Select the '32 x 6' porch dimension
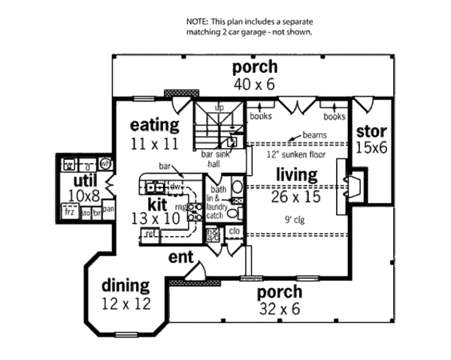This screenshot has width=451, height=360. pos(280,307)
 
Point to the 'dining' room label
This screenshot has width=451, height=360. pos(126,286)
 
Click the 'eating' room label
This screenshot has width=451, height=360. pos(154,125)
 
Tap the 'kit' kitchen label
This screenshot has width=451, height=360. pos(156,204)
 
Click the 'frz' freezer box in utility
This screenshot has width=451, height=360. pos(70,213)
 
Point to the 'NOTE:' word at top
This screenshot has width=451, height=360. pos(198,23)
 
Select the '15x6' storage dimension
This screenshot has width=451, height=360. pos(371,149)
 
